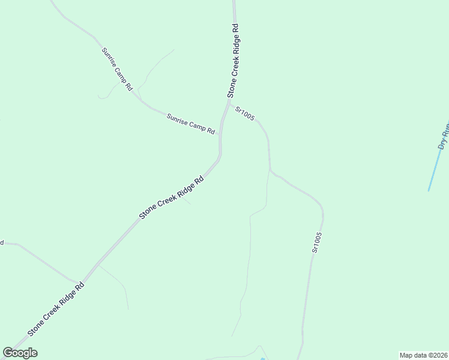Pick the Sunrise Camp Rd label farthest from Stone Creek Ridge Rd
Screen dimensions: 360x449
point(116,68)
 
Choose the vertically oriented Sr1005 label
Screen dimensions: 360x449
point(317,242)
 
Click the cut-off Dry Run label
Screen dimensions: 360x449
point(444,137)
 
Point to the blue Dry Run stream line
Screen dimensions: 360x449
point(436,168)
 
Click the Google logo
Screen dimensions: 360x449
point(20,353)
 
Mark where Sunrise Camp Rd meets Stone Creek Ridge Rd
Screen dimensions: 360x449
point(220,134)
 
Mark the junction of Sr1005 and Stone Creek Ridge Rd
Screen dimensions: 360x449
point(228,103)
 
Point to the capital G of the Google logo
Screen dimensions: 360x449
point(8,353)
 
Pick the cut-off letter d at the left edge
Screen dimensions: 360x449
point(2,242)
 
